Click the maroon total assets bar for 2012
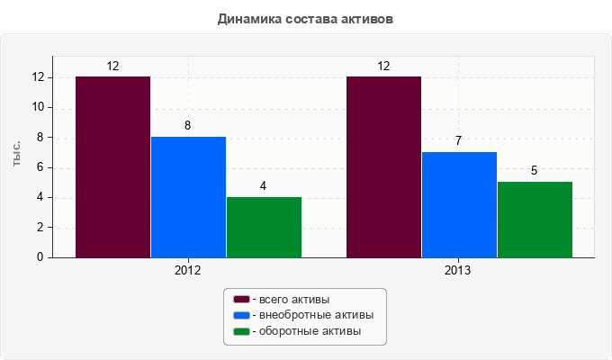click(x=112, y=166)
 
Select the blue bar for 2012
click(x=188, y=196)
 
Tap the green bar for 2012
click(x=264, y=227)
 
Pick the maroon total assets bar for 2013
click(x=383, y=166)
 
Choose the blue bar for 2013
click(x=459, y=204)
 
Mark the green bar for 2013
click(x=535, y=220)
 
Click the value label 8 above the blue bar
click(x=188, y=126)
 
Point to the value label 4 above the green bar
click(x=264, y=186)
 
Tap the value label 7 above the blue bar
click(x=459, y=141)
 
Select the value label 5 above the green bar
click(x=535, y=171)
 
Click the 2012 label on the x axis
click(x=188, y=271)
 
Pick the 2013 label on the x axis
click(x=459, y=271)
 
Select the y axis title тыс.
click(x=17, y=154)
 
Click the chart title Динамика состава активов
click(x=306, y=18)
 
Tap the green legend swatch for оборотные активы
click(x=240, y=332)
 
